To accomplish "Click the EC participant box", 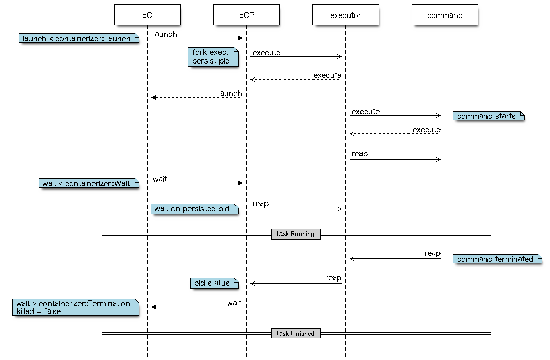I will (147, 15).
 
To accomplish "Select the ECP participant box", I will (246, 15).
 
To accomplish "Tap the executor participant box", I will (345, 15).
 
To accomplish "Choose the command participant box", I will (445, 15).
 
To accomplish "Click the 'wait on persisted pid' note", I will (195, 209).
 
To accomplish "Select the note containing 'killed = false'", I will (76, 307).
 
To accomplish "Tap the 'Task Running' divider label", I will (295, 234).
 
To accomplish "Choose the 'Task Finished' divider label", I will (295, 333).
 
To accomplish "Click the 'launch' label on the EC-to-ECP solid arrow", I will (165, 34).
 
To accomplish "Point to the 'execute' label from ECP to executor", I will (266, 53).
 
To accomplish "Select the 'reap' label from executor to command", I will (359, 154).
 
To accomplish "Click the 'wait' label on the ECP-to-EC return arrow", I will (234, 303).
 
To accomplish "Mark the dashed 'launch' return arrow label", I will (230, 93).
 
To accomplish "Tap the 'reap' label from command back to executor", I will (432, 253).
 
